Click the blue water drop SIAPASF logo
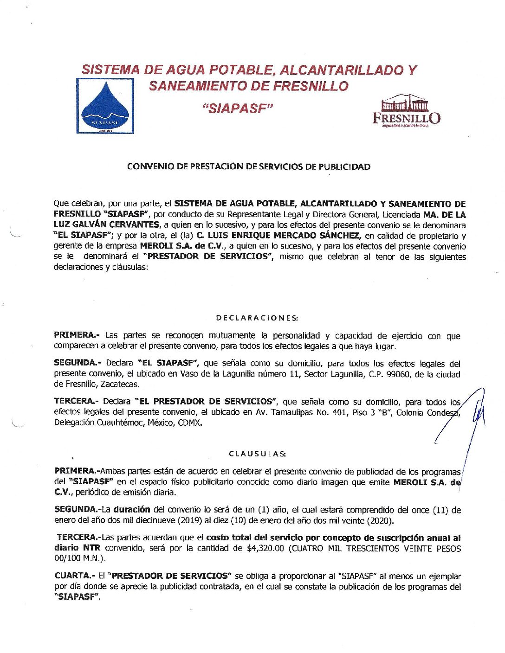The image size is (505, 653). tap(105, 106)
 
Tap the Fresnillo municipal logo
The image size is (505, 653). tap(407, 111)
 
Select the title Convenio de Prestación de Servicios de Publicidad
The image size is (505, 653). tap(249, 167)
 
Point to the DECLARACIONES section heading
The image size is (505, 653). tap(257, 318)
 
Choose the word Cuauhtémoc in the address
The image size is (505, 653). tap(121, 423)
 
